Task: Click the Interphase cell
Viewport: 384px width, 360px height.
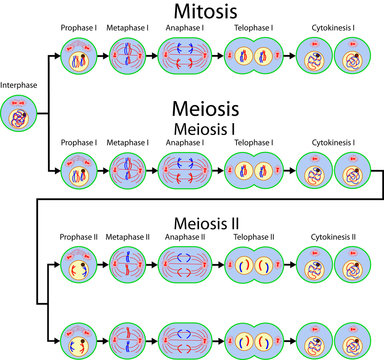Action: pyautogui.click(x=20, y=117)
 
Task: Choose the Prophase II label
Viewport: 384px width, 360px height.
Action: pyautogui.click(x=77, y=238)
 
